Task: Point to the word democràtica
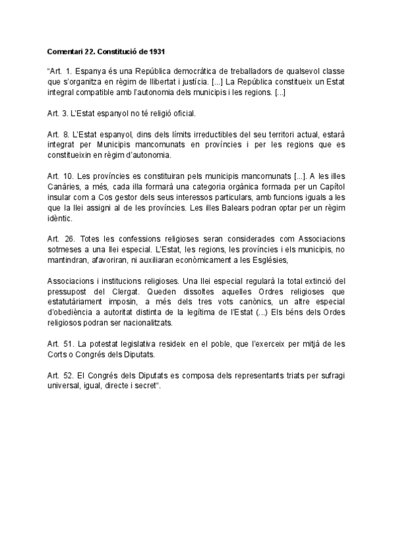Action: click(x=191, y=71)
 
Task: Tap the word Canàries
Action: click(x=64, y=187)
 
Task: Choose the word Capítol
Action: click(x=329, y=187)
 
